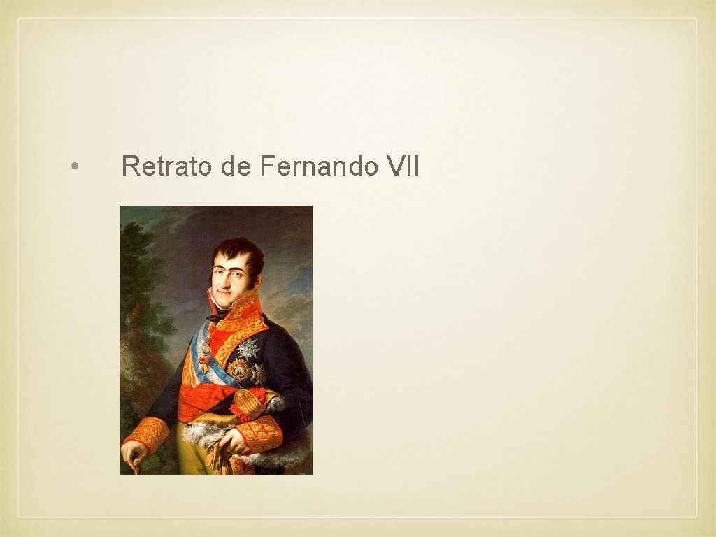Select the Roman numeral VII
(x=401, y=167)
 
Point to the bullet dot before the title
(x=74, y=167)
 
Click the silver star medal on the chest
(x=248, y=348)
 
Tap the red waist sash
(x=210, y=404)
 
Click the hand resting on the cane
(x=133, y=453)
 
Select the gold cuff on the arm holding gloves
(x=260, y=434)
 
